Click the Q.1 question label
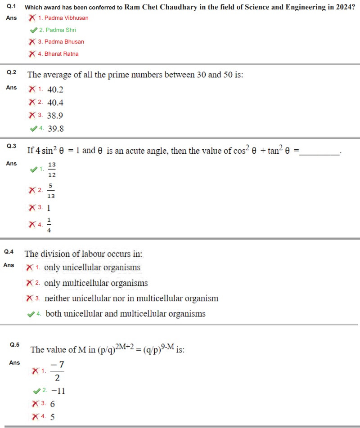coord(12,7)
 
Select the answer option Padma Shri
coord(60,30)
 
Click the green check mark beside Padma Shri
coord(33,30)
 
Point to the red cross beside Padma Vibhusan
coord(32,18)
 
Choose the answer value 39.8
coord(56,129)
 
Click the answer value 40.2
coord(55,89)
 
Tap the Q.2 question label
coord(12,72)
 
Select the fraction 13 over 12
coord(52,169)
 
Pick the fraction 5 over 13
coord(51,191)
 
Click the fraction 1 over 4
coord(49,224)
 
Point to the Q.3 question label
coord(12,146)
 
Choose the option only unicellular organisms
coord(92,268)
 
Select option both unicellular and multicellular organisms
coord(126,314)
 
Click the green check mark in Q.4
coord(31,314)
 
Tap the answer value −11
coord(58,391)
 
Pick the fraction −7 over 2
coord(57,371)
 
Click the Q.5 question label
coord(15,345)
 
